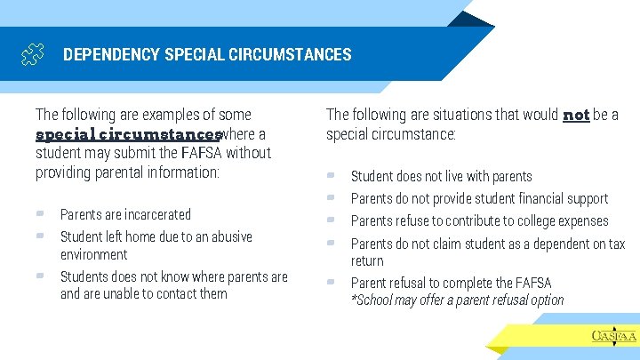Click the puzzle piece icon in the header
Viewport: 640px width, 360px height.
click(31, 55)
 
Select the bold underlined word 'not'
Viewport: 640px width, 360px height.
click(576, 116)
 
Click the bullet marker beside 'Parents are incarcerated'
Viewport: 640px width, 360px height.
click(41, 213)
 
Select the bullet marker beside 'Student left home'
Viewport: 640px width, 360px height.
click(41, 236)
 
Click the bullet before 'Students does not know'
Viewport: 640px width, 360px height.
click(41, 276)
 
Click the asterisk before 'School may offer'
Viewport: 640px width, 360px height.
click(354, 300)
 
